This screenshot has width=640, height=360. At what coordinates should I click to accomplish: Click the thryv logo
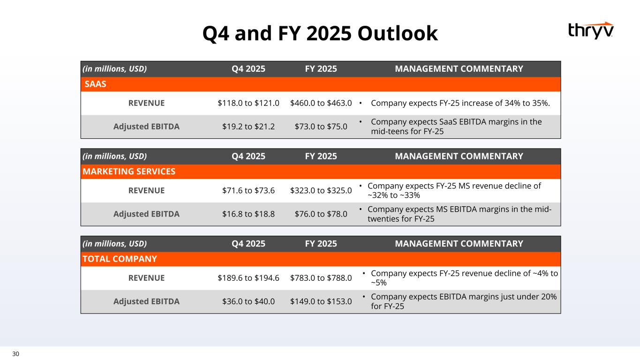coord(591,30)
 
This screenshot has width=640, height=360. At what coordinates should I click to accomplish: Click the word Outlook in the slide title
coord(398,33)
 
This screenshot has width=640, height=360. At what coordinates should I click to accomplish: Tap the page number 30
coord(16,354)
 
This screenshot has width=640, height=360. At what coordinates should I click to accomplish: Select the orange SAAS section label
coord(96,84)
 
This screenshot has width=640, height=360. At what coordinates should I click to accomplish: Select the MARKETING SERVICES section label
coord(129,172)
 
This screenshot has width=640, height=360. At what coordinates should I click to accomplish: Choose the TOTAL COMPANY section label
coord(120,259)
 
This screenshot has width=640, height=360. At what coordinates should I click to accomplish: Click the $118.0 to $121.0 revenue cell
coord(248,103)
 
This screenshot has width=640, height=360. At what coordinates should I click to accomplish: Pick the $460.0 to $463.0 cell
coord(321,103)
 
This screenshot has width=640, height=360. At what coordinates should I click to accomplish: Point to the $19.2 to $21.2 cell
coord(248,126)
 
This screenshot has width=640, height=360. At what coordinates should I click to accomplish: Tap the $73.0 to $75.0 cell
coord(321,126)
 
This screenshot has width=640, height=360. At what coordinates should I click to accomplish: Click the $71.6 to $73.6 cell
coord(248,190)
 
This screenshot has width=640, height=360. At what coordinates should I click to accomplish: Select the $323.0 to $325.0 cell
coord(321,190)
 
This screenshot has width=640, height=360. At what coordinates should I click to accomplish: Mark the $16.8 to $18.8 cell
coord(248,214)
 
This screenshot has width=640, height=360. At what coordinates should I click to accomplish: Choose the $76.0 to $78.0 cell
coord(321,214)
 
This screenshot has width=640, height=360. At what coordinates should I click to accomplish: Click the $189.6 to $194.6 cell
coord(248,277)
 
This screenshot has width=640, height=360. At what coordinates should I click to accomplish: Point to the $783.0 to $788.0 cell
coord(321,277)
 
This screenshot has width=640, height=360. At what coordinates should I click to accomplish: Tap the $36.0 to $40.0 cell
coord(248,301)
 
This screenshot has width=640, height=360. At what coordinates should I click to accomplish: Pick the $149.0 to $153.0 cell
coord(321,301)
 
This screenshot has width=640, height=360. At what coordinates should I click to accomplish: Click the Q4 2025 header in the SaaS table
coord(248,69)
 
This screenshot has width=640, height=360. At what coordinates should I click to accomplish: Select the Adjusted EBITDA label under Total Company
coord(146,301)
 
